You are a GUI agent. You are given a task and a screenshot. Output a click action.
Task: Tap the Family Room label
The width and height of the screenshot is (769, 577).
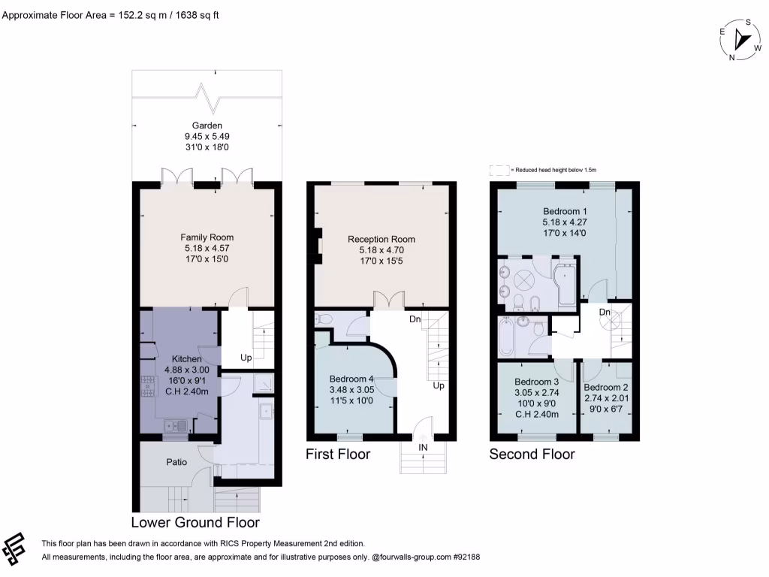208,237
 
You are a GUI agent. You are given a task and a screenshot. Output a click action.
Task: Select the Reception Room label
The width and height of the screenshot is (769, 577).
381,240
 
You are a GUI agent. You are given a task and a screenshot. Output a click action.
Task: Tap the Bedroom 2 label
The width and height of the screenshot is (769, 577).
606,387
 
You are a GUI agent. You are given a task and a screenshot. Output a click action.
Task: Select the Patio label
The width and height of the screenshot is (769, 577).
176,462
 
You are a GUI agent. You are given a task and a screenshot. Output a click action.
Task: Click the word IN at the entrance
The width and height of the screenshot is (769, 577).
423,447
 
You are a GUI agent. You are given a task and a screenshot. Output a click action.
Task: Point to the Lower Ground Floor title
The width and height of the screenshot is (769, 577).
195,522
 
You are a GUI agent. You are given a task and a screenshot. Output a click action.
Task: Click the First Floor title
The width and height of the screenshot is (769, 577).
337,455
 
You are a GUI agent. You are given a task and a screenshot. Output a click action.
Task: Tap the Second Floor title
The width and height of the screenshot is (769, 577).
532,455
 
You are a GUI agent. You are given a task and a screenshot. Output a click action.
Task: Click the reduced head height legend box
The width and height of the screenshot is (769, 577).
499,171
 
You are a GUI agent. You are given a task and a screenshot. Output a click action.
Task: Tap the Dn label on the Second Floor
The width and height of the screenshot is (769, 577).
605,311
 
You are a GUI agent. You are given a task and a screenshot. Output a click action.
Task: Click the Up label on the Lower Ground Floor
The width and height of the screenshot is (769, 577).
246,357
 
